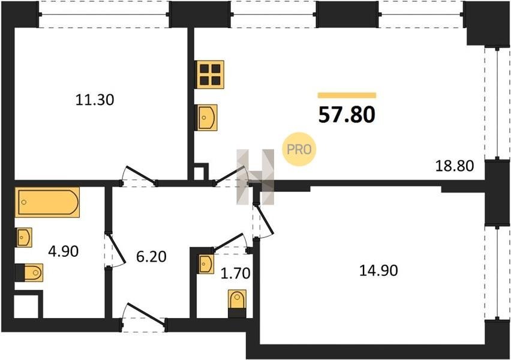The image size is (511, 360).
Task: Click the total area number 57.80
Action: (x=347, y=115)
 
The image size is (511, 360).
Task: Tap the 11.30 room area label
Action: (x=95, y=100)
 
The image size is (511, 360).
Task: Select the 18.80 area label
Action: (x=455, y=166)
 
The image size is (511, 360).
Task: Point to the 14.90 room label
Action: (x=378, y=271)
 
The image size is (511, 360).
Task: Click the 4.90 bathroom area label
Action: (x=63, y=251)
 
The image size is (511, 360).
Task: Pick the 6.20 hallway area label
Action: (x=151, y=257)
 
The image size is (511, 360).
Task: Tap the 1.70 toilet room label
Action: (x=235, y=273)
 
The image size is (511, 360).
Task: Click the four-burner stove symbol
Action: (x=210, y=74)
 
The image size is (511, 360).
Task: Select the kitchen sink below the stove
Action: (x=207, y=118)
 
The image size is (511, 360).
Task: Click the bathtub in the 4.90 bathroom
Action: (x=47, y=202)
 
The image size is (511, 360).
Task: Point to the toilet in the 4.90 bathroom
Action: (x=29, y=272)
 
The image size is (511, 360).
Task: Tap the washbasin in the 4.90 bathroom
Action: (x=24, y=238)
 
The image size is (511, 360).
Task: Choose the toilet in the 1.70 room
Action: (x=237, y=303)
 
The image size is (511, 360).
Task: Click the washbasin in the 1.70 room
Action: (x=206, y=264)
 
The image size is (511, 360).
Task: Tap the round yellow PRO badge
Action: (x=299, y=149)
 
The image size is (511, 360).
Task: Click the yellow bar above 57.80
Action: (x=347, y=95)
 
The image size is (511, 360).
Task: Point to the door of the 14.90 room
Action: (x=263, y=220)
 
